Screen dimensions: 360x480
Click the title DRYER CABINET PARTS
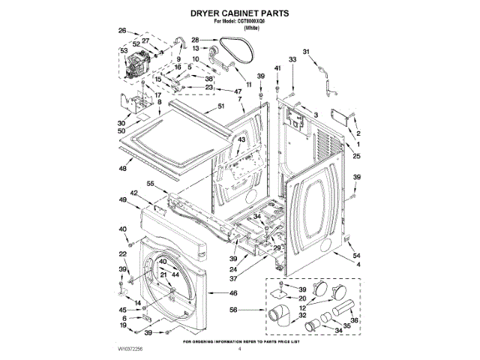(x=240, y=13)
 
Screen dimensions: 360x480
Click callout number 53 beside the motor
(x=124, y=52)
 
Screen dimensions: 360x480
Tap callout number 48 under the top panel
(x=124, y=169)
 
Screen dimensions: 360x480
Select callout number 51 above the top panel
(x=221, y=106)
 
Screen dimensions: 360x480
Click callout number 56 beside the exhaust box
(x=233, y=309)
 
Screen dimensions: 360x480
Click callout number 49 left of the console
(x=122, y=199)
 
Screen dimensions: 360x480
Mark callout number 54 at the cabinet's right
(x=357, y=256)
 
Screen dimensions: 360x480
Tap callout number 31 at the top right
(x=306, y=52)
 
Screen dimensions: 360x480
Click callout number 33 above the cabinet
(x=292, y=58)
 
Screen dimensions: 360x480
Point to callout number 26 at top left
(x=123, y=31)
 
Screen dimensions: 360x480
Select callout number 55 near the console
(x=151, y=184)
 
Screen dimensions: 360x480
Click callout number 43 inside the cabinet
(x=241, y=140)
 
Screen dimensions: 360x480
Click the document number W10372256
(x=132, y=349)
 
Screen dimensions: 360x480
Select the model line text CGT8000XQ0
(x=240, y=22)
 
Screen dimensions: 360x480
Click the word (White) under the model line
(x=241, y=28)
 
